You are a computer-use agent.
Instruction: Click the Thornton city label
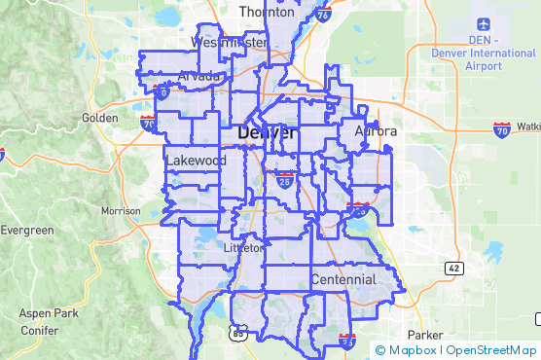click(267, 14)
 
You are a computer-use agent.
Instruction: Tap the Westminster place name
click(229, 43)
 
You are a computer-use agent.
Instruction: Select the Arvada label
click(198, 76)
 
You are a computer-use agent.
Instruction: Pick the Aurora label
click(376, 131)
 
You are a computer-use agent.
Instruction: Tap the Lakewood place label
click(196, 161)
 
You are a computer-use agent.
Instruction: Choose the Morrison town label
click(121, 210)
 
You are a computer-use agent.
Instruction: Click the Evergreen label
click(26, 231)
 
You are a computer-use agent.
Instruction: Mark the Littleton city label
click(243, 248)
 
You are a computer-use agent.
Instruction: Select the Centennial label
click(343, 280)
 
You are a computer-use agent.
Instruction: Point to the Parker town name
click(424, 307)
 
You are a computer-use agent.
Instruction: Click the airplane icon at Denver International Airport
click(483, 23)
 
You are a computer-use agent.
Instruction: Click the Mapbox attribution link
click(414, 350)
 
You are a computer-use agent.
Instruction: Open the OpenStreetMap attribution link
click(491, 350)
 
